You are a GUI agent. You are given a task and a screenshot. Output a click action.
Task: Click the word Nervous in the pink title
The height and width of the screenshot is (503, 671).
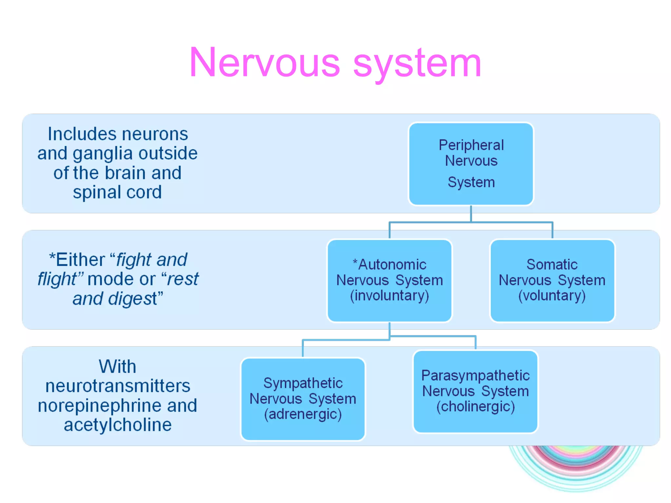[x=265, y=63]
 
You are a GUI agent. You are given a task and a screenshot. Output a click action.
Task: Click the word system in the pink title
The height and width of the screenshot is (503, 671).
[x=417, y=63]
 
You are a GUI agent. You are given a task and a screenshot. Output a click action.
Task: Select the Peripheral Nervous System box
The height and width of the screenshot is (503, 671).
[x=471, y=164]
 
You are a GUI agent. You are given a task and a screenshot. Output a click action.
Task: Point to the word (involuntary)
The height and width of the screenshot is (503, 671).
[x=390, y=296]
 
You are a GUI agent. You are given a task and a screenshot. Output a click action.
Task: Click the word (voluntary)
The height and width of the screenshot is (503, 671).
[x=552, y=296]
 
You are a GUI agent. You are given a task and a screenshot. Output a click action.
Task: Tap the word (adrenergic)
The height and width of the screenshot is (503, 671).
[x=303, y=414]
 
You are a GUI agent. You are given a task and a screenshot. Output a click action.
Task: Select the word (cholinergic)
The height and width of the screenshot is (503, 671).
[x=475, y=407]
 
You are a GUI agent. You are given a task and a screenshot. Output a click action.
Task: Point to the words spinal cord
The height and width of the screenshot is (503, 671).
[x=117, y=192]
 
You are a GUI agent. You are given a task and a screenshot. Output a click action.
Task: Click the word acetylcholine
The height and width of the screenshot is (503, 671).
[x=118, y=425]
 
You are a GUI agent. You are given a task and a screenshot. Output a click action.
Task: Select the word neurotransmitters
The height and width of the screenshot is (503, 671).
[x=118, y=386]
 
